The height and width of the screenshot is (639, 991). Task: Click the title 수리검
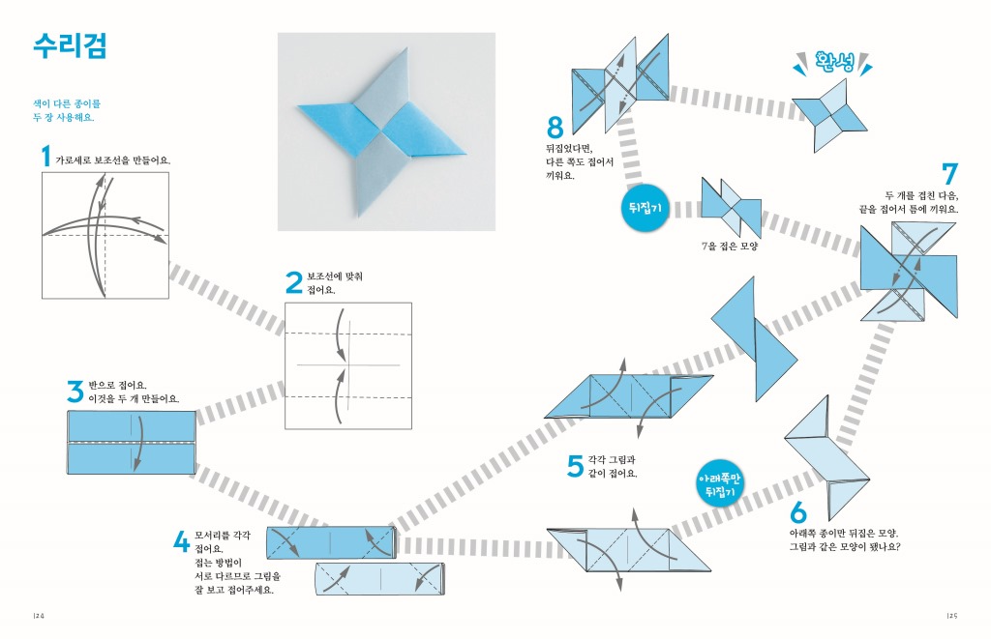click(69, 45)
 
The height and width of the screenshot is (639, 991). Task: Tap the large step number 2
click(294, 282)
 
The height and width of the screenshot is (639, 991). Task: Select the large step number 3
click(75, 392)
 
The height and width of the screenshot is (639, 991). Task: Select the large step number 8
click(555, 128)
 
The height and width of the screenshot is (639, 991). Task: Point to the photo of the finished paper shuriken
click(386, 131)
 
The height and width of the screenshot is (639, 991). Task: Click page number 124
click(39, 615)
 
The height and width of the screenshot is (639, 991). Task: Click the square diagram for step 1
click(105, 235)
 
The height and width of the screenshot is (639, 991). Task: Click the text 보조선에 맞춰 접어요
click(335, 283)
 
